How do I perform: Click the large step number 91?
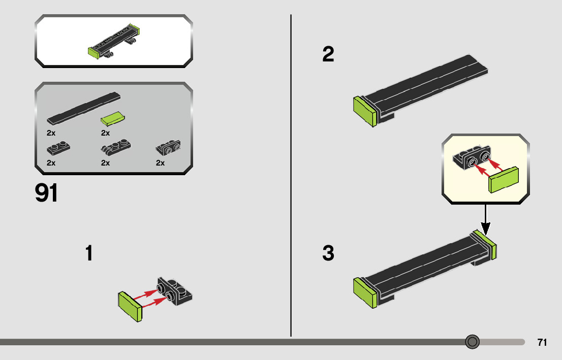pos(46,193)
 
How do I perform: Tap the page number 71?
pos(542,343)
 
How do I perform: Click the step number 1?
pos(89,253)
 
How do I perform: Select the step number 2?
pos(328,55)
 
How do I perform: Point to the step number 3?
pos(328,253)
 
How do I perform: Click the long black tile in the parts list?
pos(84,108)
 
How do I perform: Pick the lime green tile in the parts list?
pos(113,119)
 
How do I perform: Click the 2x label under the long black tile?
pos(51,133)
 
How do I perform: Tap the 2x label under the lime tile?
pos(106,133)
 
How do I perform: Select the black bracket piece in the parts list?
pos(168,148)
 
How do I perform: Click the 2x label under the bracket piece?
pos(161,163)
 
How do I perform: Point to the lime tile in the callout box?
pos(504,180)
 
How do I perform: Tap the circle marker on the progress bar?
pos(473,342)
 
